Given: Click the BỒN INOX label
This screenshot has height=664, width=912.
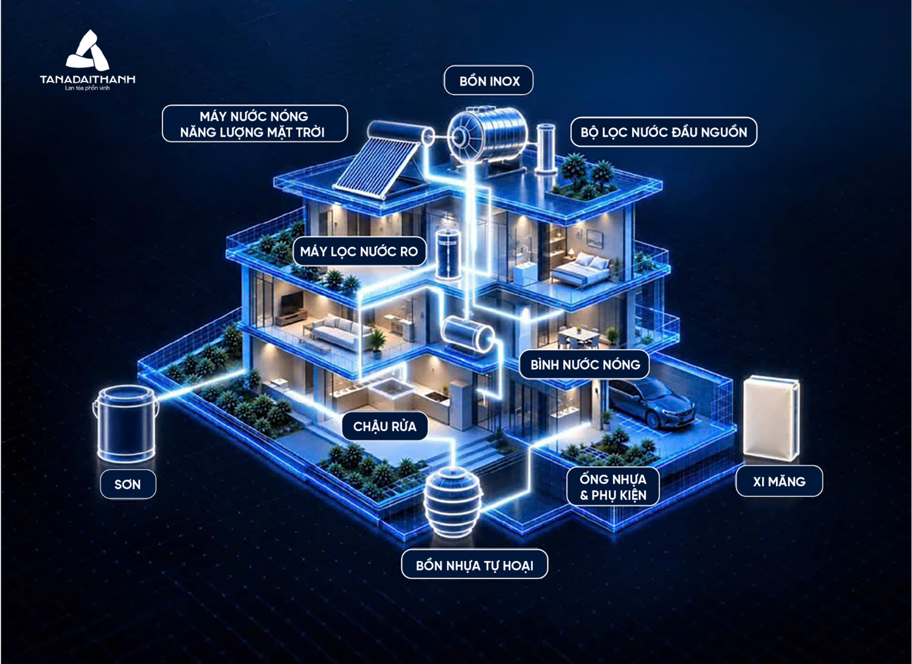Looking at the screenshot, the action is tap(489, 81).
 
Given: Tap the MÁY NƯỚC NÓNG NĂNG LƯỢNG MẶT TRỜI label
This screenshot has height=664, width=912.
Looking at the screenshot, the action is tap(255, 124).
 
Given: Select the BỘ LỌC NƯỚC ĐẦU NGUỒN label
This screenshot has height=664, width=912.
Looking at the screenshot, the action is tap(663, 132).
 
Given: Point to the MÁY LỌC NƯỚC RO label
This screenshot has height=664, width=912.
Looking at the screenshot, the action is tap(359, 251).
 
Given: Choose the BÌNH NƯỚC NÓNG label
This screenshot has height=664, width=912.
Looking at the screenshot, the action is tap(584, 365).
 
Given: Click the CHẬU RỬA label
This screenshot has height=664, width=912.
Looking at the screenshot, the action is tap(385, 426).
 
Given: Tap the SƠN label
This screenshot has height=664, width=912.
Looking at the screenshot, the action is tap(128, 484).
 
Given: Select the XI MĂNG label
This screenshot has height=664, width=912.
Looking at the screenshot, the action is tap(779, 481).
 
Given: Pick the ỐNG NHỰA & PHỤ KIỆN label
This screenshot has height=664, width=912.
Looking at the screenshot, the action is tap(613, 487).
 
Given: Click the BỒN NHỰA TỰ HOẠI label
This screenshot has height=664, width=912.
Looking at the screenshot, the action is tap(474, 565).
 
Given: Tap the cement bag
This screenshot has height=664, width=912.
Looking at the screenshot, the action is tap(771, 419).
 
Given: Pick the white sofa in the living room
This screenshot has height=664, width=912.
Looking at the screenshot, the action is tap(336, 333).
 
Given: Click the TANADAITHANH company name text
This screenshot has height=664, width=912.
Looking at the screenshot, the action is tap(87, 79).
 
